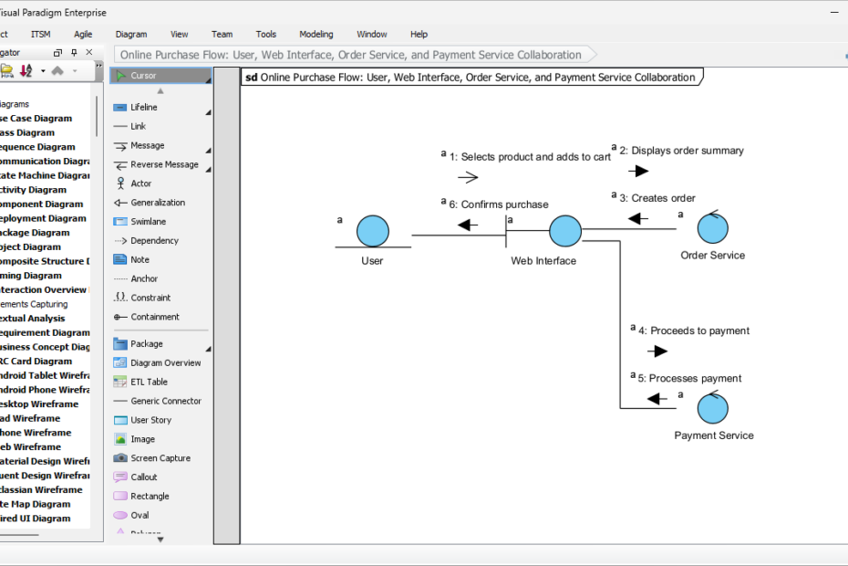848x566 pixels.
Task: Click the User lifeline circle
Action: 372,231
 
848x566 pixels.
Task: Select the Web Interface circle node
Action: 565,231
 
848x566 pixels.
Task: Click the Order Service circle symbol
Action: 712,228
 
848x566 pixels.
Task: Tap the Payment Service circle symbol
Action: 712,408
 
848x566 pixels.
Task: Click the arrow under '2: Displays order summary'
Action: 639,171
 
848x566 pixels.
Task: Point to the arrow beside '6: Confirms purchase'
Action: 468,225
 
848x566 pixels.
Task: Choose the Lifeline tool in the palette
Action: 143,108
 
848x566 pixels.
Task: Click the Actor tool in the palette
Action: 140,183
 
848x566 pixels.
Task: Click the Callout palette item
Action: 143,477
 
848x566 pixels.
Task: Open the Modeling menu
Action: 316,34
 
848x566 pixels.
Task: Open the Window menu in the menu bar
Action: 371,34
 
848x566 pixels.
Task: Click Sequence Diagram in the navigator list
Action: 36,147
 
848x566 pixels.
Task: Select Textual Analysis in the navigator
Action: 32,319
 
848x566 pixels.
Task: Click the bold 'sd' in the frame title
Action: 252,78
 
